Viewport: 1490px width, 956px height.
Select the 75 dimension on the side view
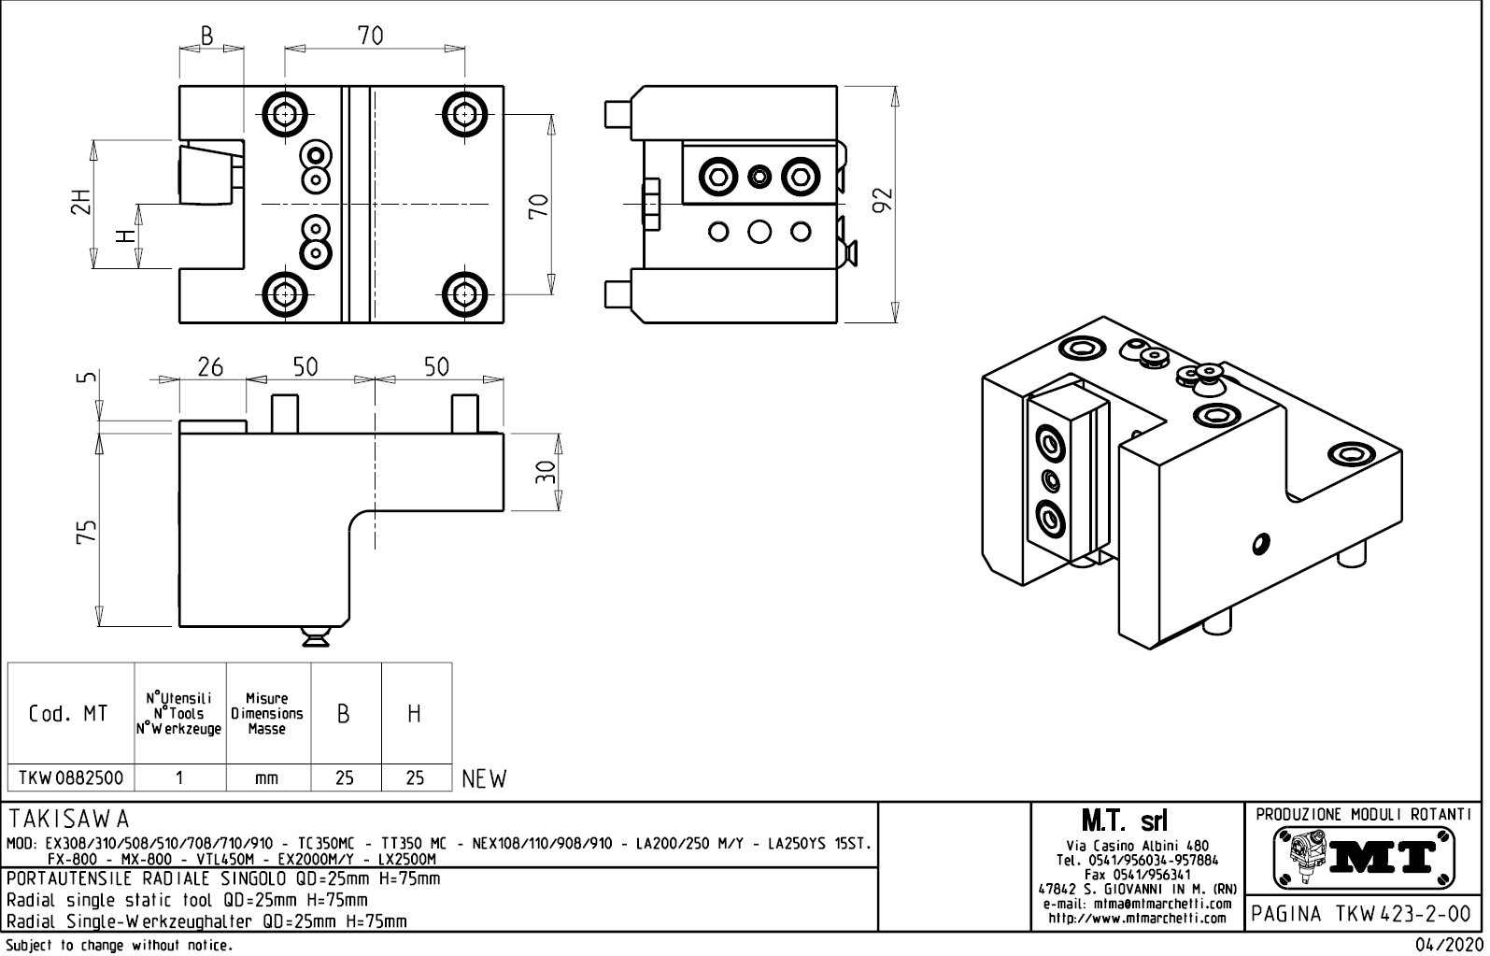coord(86,532)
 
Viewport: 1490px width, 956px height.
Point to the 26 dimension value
coord(210,367)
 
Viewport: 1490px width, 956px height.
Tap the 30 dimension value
coord(546,471)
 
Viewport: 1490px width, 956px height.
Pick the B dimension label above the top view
coord(207,36)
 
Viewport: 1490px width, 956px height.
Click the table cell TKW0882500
coord(70,778)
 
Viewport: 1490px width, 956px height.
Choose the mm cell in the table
coord(267,778)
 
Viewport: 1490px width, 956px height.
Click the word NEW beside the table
coord(484,778)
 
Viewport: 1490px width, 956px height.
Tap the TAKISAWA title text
coord(69,821)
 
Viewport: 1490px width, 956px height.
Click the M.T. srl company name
coord(1124,821)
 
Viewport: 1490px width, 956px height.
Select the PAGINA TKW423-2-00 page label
coord(1363,913)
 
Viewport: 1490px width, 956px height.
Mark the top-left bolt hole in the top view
coord(285,113)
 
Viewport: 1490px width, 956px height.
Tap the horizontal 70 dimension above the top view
coord(371,36)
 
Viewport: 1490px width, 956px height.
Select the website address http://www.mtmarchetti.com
coord(1137,919)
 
